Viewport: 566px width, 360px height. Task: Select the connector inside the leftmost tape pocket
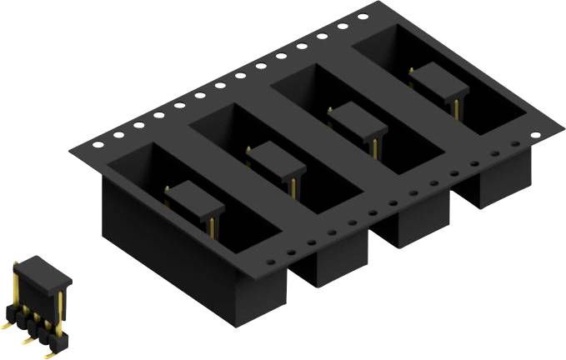tap(195, 200)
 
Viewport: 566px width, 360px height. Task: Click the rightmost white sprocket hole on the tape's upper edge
tap(363, 17)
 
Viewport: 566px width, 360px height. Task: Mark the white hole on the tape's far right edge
tap(515, 143)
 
